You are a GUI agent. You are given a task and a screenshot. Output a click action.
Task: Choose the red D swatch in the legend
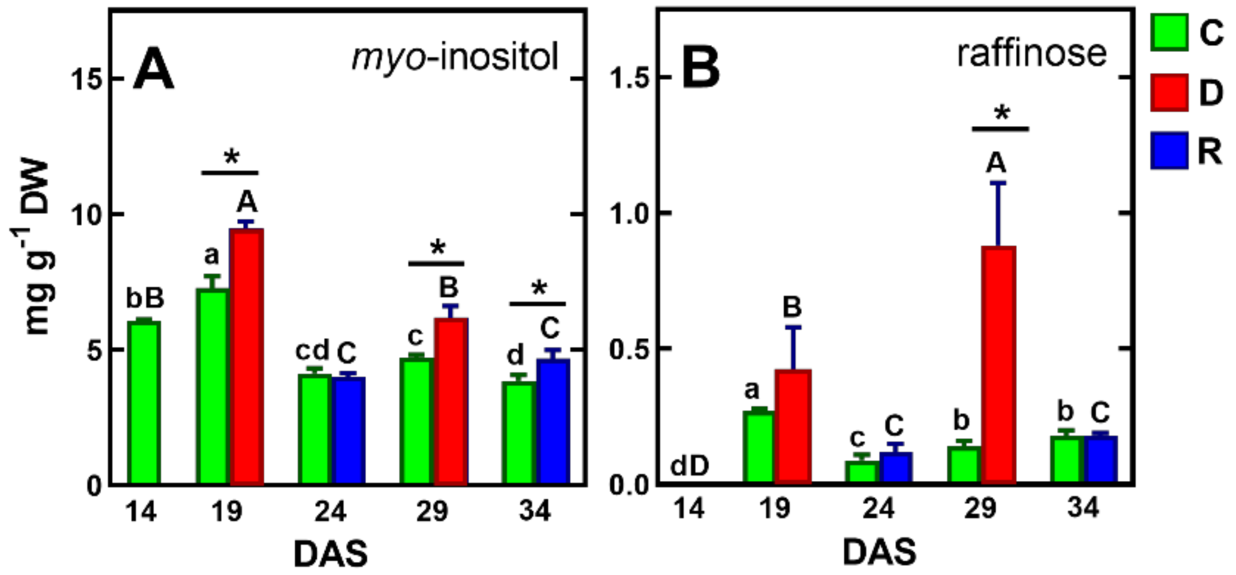(x=1169, y=93)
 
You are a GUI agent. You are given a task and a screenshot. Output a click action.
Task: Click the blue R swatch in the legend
(x=1169, y=150)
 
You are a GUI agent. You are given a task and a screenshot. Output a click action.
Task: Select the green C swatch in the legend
(x=1169, y=32)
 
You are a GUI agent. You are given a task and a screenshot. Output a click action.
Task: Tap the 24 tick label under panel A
(x=330, y=512)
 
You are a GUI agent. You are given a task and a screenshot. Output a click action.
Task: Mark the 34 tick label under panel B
(x=1083, y=508)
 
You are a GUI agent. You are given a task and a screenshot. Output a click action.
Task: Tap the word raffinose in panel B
(x=1031, y=54)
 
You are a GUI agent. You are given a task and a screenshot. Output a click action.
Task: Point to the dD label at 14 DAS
(x=689, y=466)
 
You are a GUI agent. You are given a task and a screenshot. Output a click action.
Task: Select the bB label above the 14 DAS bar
(x=145, y=299)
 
